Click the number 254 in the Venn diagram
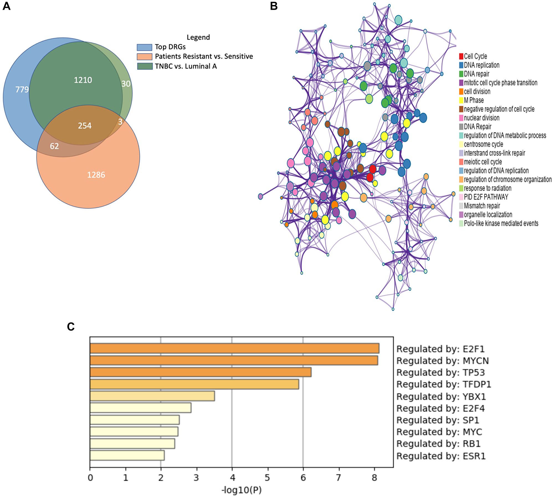(84, 126)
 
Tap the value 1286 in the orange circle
(96, 175)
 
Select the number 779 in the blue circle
(22, 90)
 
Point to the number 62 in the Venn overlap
(54, 146)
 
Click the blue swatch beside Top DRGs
(144, 47)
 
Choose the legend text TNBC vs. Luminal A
(186, 66)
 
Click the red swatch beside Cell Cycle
(461, 56)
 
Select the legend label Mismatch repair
(482, 206)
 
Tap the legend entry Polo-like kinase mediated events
(501, 223)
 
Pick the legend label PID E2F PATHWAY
(486, 197)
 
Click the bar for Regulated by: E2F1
(234, 348)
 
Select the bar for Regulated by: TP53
(200, 372)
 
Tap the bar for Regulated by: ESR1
(127, 456)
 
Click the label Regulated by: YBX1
(441, 397)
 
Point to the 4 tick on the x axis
(232, 477)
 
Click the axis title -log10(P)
(241, 490)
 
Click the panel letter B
(274, 6)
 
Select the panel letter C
(71, 327)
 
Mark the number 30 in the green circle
(126, 84)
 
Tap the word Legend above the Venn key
(198, 37)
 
